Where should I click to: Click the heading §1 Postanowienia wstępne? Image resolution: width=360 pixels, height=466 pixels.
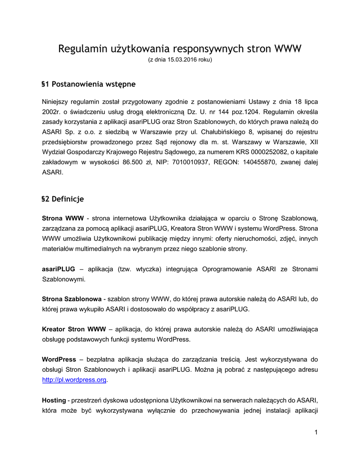click(88, 84)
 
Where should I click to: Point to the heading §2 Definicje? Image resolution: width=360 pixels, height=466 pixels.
click(63, 199)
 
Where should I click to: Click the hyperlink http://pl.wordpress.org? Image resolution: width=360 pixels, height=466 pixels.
click(74, 380)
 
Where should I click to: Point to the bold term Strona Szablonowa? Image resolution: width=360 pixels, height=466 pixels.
click(72, 299)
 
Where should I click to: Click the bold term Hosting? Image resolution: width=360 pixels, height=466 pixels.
click(54, 400)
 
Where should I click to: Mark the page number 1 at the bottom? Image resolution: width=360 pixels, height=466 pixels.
click(316, 432)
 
